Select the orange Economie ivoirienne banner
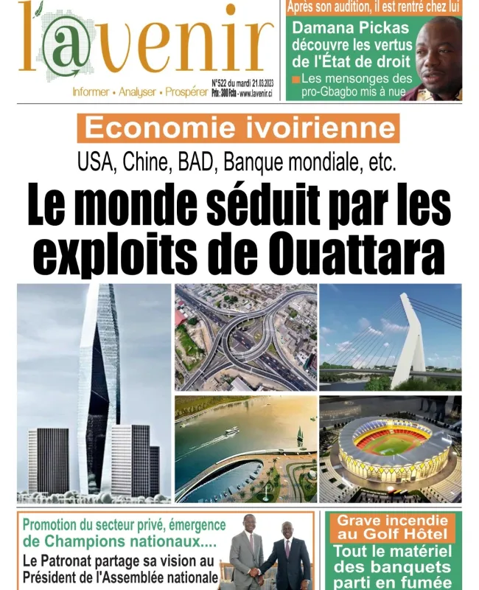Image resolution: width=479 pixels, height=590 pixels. [x=238, y=128]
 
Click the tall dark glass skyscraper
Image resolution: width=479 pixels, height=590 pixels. [x=100, y=376]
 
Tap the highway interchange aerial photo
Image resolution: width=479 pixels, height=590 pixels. [x=245, y=338]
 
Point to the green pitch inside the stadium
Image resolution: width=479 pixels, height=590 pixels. [x=393, y=445]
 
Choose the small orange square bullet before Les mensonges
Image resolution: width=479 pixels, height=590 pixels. [x=296, y=78]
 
